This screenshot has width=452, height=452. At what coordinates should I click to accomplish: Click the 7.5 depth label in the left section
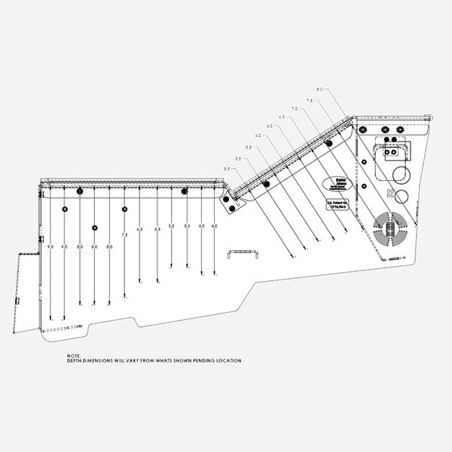[x=125, y=236]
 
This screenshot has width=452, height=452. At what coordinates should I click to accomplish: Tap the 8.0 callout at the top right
[x=319, y=90]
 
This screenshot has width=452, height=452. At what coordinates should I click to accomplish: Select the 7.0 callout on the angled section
[x=294, y=109]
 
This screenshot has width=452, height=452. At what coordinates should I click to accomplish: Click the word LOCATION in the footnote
[x=228, y=362]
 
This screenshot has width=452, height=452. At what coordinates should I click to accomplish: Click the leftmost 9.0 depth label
[x=50, y=247]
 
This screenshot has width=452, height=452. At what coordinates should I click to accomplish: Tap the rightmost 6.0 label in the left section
[x=215, y=226]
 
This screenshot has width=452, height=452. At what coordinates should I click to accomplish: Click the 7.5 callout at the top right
[x=309, y=100]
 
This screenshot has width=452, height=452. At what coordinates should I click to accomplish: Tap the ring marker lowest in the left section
[x=94, y=227]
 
